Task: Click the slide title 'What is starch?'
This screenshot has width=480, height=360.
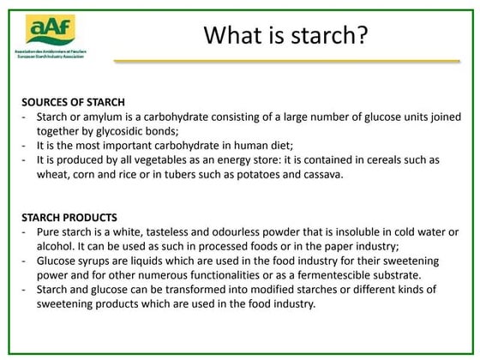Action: point(286,38)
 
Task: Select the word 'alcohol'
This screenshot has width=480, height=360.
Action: point(56,247)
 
